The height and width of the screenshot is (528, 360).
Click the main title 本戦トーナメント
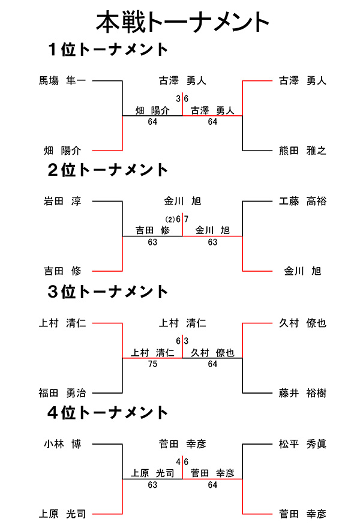pos(182,22)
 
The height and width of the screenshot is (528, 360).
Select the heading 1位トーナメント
pos(108,49)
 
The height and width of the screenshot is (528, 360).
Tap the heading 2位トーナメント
pos(108,170)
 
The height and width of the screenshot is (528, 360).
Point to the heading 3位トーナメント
pos(108,292)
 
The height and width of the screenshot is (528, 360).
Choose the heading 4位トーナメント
pos(108,413)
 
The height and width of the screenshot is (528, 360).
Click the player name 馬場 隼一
pos(62,80)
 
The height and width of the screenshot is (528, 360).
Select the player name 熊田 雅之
pos(302,151)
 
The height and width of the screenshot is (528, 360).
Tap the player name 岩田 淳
pos(62,201)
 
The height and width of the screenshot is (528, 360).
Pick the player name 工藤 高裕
pos(302,201)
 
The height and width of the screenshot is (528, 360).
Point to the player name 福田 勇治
pos(62,393)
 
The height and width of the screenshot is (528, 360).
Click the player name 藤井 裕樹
pos(302,393)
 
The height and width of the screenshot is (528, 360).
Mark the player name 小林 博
pos(62,444)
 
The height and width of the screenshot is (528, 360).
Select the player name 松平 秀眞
pos(302,444)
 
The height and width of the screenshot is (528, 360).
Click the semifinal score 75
pos(152,364)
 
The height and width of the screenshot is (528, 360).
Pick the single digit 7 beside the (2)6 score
pos(187,219)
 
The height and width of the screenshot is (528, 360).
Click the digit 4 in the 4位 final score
pos(178,461)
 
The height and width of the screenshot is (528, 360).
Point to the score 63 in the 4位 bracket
pos(152,485)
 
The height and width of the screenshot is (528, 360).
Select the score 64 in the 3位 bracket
pos(212,364)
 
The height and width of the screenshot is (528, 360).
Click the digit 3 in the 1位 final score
pos(178,98)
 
